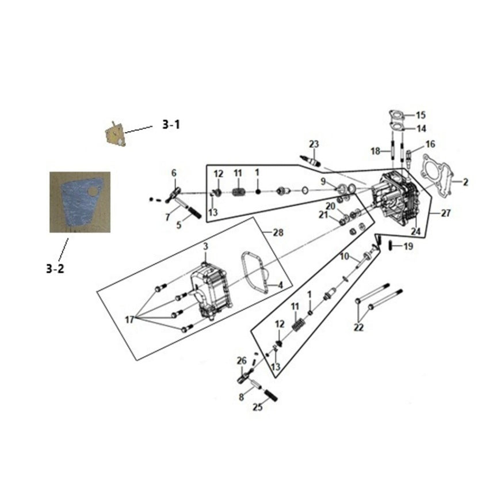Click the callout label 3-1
[x=170, y=124]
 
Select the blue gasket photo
[x=79, y=201]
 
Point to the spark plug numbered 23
[x=309, y=159]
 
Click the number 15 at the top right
[x=421, y=114]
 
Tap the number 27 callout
[x=445, y=213]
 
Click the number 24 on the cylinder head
[x=417, y=232]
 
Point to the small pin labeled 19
[x=392, y=246]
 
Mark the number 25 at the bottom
[x=257, y=407]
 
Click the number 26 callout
[x=242, y=361]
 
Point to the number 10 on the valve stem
[x=344, y=255]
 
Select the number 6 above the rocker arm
[x=174, y=173]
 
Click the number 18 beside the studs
[x=375, y=151]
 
